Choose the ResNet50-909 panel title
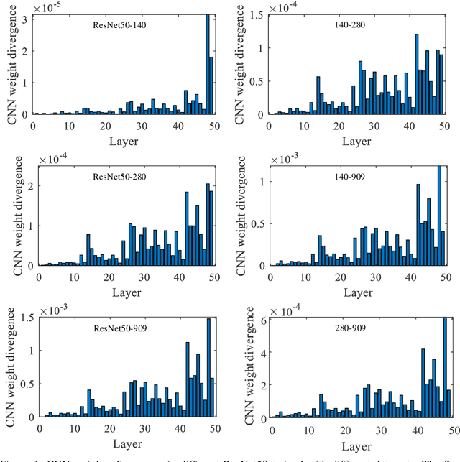[x=119, y=328]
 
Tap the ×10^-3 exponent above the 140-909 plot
[x=283, y=157]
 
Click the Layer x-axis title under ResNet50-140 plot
[x=124, y=141]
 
